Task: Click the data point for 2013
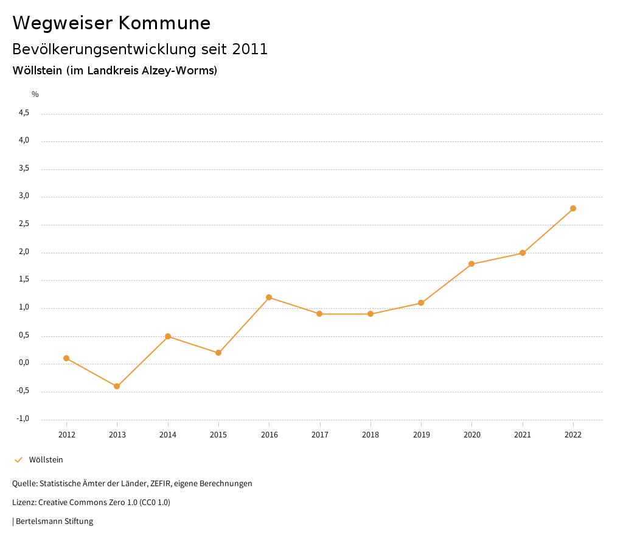[117, 386]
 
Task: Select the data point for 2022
[573, 208]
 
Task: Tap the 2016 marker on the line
[269, 297]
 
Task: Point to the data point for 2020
[472, 264]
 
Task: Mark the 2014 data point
[168, 336]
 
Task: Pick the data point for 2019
[421, 303]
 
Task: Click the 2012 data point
[66, 358]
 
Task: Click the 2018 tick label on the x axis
[371, 435]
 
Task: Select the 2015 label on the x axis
[218, 435]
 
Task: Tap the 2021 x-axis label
[523, 435]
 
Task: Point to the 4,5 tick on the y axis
[24, 113]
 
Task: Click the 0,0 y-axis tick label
[24, 364]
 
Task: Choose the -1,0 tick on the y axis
[24, 419]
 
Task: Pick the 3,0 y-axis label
[24, 197]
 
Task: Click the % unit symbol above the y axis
[35, 94]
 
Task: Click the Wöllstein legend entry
[46, 460]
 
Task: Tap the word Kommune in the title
[164, 23]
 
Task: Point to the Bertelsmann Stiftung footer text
[54, 522]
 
